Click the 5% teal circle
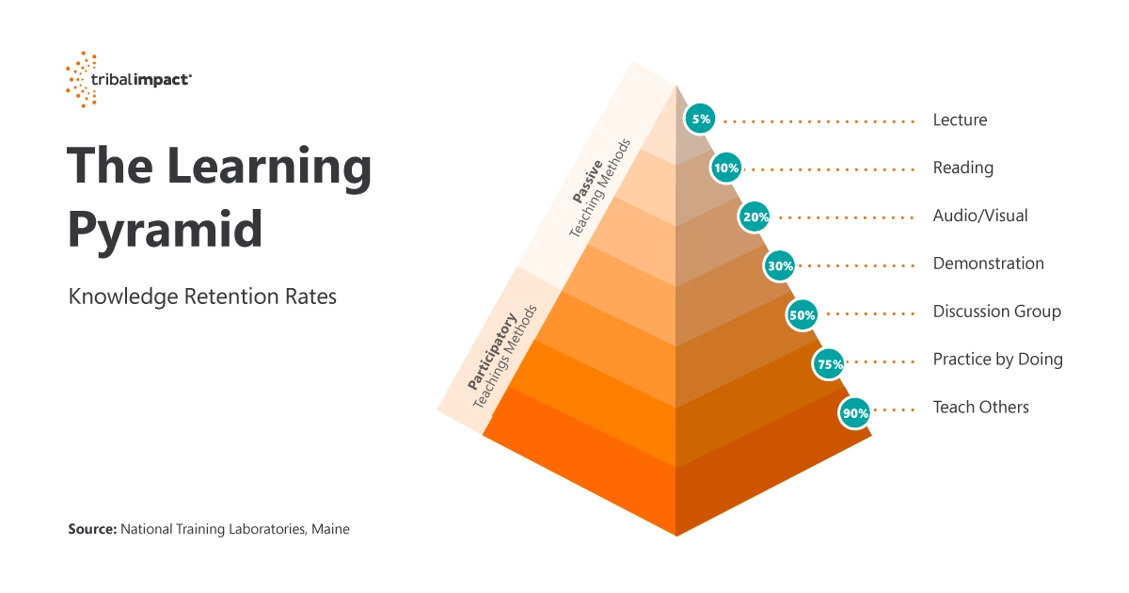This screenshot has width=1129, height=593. pos(701,120)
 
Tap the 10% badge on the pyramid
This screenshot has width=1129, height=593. pos(726,168)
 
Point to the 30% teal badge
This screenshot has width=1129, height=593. pos(779,265)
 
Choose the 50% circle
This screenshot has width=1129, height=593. pos(802,315)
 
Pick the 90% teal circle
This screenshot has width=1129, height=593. pos(854,411)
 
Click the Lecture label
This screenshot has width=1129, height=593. pos(960,120)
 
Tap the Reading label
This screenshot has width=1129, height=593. pos(962,168)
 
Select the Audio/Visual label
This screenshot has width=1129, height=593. pos(979,216)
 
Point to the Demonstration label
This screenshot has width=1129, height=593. pos(988,264)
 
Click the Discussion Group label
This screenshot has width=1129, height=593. pos(996,312)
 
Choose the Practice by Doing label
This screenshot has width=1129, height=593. pos(997,360)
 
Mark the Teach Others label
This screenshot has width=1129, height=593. pos(980,408)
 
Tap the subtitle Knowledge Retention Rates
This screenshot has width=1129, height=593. pos(202,296)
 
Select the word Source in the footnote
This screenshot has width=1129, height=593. pos(91,530)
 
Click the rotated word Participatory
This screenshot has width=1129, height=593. pos(489,348)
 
